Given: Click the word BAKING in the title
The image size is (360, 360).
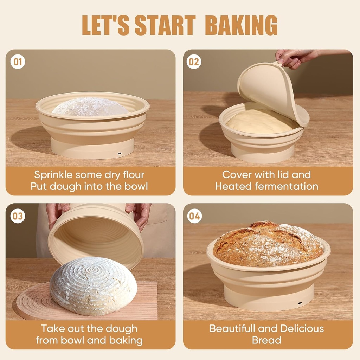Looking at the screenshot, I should point(241,25).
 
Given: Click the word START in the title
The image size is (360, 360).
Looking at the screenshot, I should point(165,25).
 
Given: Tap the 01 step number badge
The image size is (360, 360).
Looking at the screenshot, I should point(18,62).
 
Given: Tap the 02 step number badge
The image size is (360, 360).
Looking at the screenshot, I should point(194,62).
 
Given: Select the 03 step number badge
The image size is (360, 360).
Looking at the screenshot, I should point(18,216).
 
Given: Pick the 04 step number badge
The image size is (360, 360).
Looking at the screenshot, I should point(194,216).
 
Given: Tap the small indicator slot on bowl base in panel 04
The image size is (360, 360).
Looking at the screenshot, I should point(300,303).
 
